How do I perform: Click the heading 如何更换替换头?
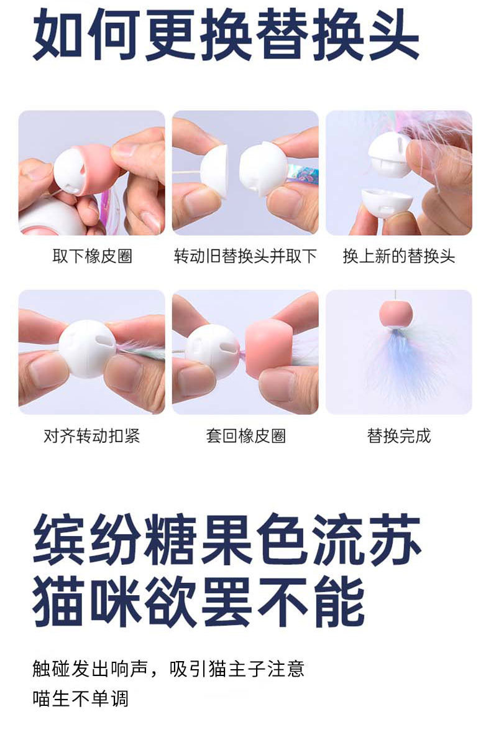226,35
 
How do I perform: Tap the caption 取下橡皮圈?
92,256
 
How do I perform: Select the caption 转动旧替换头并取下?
245,256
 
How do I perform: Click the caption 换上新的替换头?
399,256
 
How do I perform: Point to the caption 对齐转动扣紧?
92,436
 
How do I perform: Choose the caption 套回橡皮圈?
246,436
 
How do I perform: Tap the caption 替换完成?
399,436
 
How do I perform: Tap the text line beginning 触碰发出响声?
168,669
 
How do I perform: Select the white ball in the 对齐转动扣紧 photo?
88,348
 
